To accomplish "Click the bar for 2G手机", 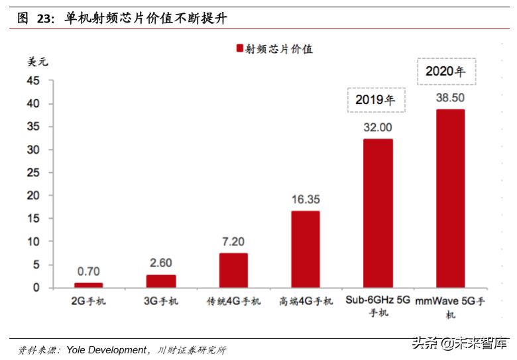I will tap(88, 285).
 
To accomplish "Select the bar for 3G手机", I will tap(161, 281).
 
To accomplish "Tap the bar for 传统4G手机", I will tap(233, 270).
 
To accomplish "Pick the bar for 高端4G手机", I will tap(306, 249).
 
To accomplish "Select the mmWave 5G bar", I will tap(450, 198).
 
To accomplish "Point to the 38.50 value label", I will tap(450, 97).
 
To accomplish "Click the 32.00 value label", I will tap(378, 127).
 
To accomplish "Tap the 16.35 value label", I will tap(306, 199).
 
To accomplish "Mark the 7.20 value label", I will tap(233, 241).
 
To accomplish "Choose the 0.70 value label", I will tap(88, 271).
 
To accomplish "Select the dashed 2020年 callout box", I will tap(446, 72).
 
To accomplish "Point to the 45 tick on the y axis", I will tap(33, 81).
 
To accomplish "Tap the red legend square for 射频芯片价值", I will tap(239, 48).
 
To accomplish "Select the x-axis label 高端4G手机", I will tap(306, 302).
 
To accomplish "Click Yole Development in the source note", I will tap(105, 349).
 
